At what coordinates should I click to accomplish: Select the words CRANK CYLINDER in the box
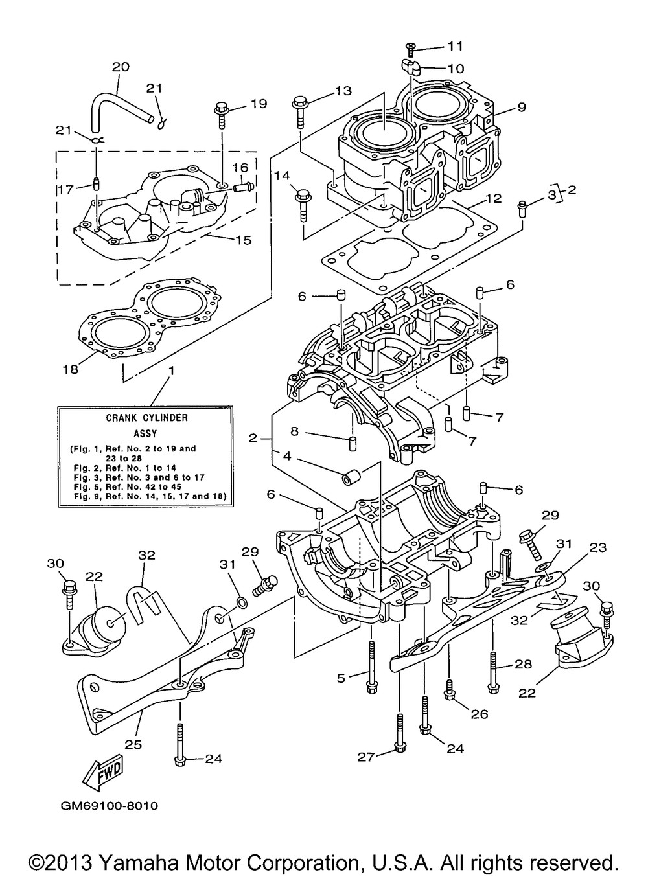[147, 418]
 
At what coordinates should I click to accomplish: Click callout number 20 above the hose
[121, 67]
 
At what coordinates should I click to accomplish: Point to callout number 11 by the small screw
[455, 46]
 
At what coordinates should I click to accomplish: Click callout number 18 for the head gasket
[71, 369]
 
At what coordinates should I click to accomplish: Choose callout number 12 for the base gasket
[494, 199]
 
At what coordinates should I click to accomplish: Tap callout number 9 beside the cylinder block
[522, 107]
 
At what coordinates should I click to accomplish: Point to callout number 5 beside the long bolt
[341, 678]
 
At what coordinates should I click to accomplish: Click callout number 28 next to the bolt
[523, 664]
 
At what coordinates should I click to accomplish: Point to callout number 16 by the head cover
[240, 168]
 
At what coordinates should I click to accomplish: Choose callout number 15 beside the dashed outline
[244, 240]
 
